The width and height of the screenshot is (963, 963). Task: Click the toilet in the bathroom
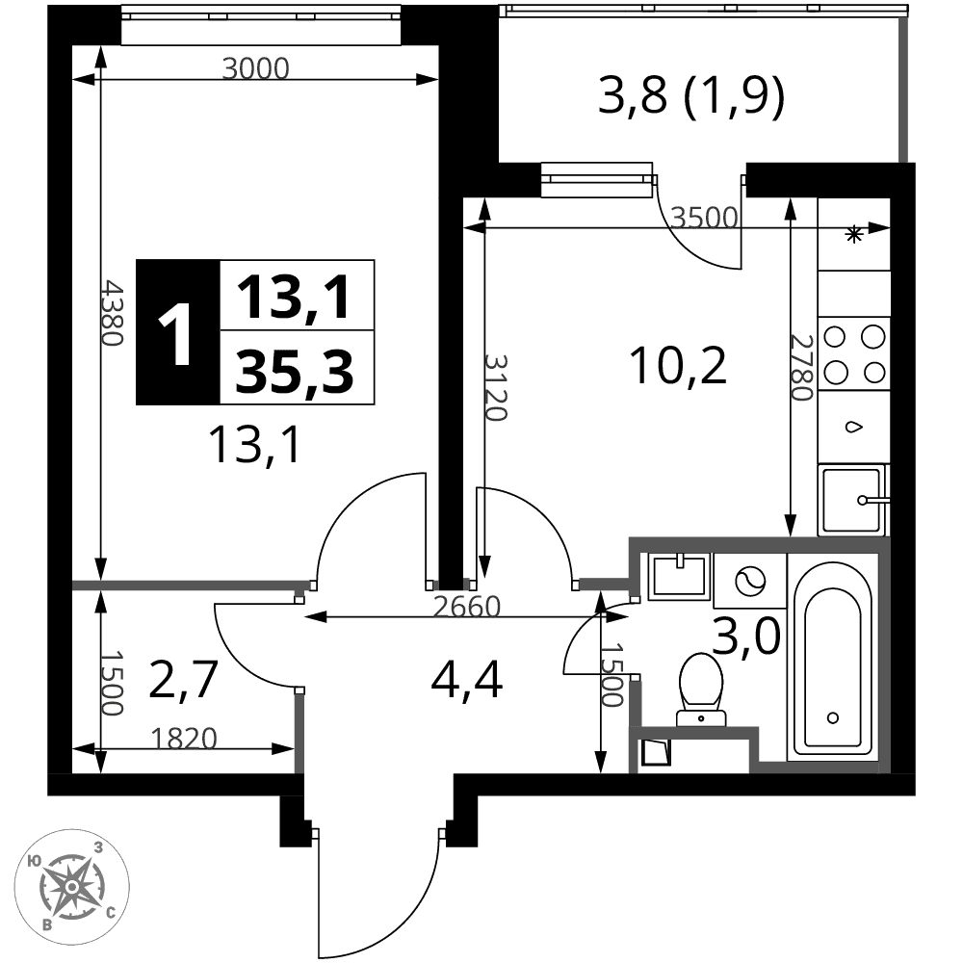point(701,690)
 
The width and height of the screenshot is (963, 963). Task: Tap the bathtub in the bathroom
point(833,657)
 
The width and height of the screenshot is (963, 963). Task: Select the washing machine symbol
point(750,581)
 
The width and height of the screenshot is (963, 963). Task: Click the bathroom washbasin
point(679,575)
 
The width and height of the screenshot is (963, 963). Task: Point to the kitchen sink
point(853,500)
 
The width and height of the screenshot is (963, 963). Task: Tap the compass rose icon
point(71,886)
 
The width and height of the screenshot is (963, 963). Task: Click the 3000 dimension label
point(255,68)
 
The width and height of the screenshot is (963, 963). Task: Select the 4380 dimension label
point(113,313)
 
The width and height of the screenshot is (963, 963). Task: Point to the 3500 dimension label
point(704,218)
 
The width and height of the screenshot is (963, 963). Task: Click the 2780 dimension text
point(801,367)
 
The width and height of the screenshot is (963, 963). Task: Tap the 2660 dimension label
point(467,607)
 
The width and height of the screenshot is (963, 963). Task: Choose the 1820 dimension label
point(184,739)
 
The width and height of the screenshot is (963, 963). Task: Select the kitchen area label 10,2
point(678,366)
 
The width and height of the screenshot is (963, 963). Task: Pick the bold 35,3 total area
point(295,371)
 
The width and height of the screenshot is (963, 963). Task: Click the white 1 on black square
point(177,332)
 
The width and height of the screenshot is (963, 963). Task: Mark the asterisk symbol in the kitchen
point(853,234)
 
